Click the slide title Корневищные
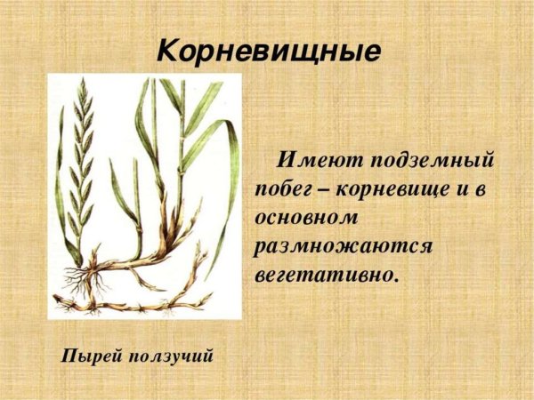click(x=268, y=48)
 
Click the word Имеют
click(x=315, y=161)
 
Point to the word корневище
click(x=393, y=189)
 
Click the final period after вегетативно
click(x=395, y=278)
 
